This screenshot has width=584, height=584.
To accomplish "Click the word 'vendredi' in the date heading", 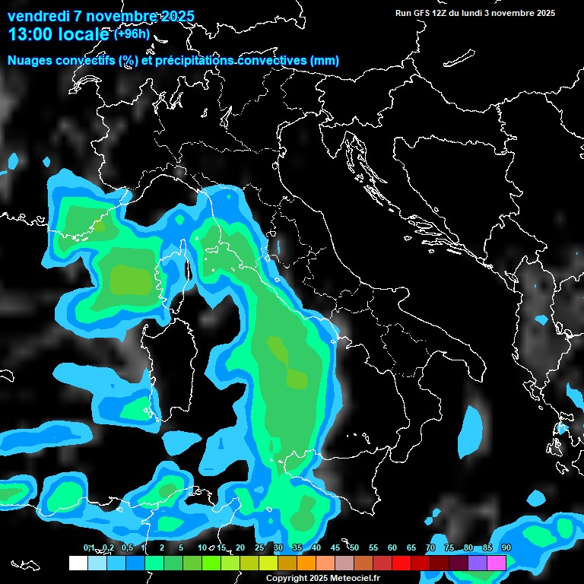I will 36,16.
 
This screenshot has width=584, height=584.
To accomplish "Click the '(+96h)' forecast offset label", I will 132,34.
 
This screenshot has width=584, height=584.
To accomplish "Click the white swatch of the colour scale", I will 78,563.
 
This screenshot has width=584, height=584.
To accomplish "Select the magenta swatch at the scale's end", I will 497,563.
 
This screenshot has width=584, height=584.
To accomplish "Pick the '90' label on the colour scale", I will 506,547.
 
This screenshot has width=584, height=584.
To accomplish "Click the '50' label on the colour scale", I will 354,547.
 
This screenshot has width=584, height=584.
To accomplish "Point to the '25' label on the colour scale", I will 259,547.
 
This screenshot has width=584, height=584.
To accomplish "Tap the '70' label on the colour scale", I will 430,547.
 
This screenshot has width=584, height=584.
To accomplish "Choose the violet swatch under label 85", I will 478,563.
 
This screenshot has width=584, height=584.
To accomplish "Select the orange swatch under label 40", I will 306,563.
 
